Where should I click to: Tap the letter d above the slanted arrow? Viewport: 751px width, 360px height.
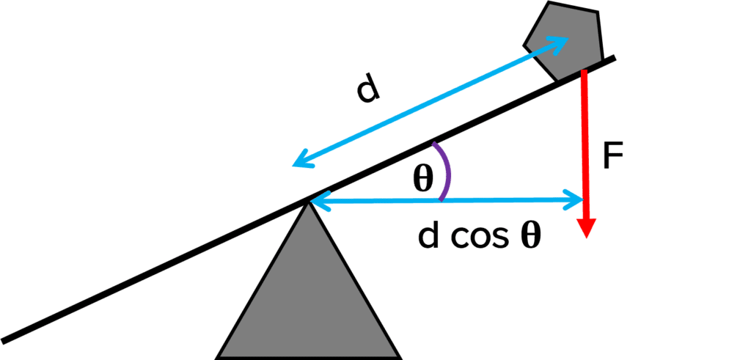pyautogui.click(x=368, y=90)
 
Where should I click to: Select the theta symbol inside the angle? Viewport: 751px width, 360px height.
pyautogui.click(x=422, y=180)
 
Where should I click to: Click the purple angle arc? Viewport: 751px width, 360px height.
pyautogui.click(x=446, y=171)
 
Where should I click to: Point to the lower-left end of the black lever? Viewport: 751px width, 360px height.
pyautogui.click(x=6, y=340)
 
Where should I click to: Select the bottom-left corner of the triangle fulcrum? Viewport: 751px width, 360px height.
pyautogui.click(x=218, y=357)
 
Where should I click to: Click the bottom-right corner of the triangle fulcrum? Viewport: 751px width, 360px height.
pyautogui.click(x=400, y=357)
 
